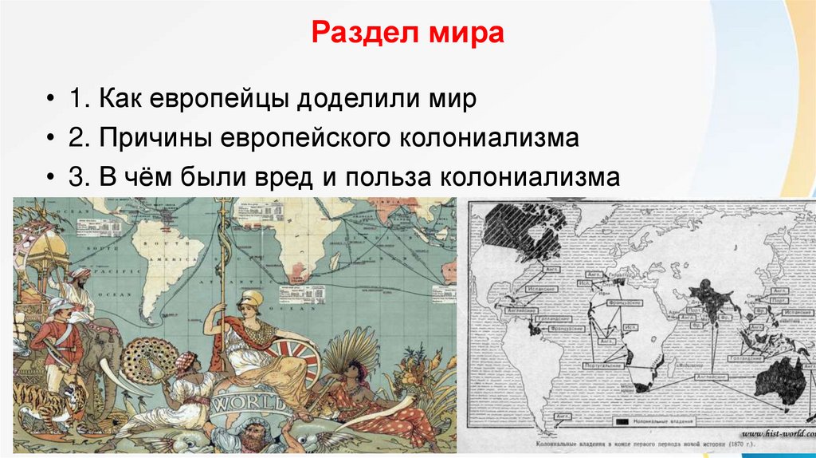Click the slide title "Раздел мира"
click(406, 35)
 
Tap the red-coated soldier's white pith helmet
click(61, 306)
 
